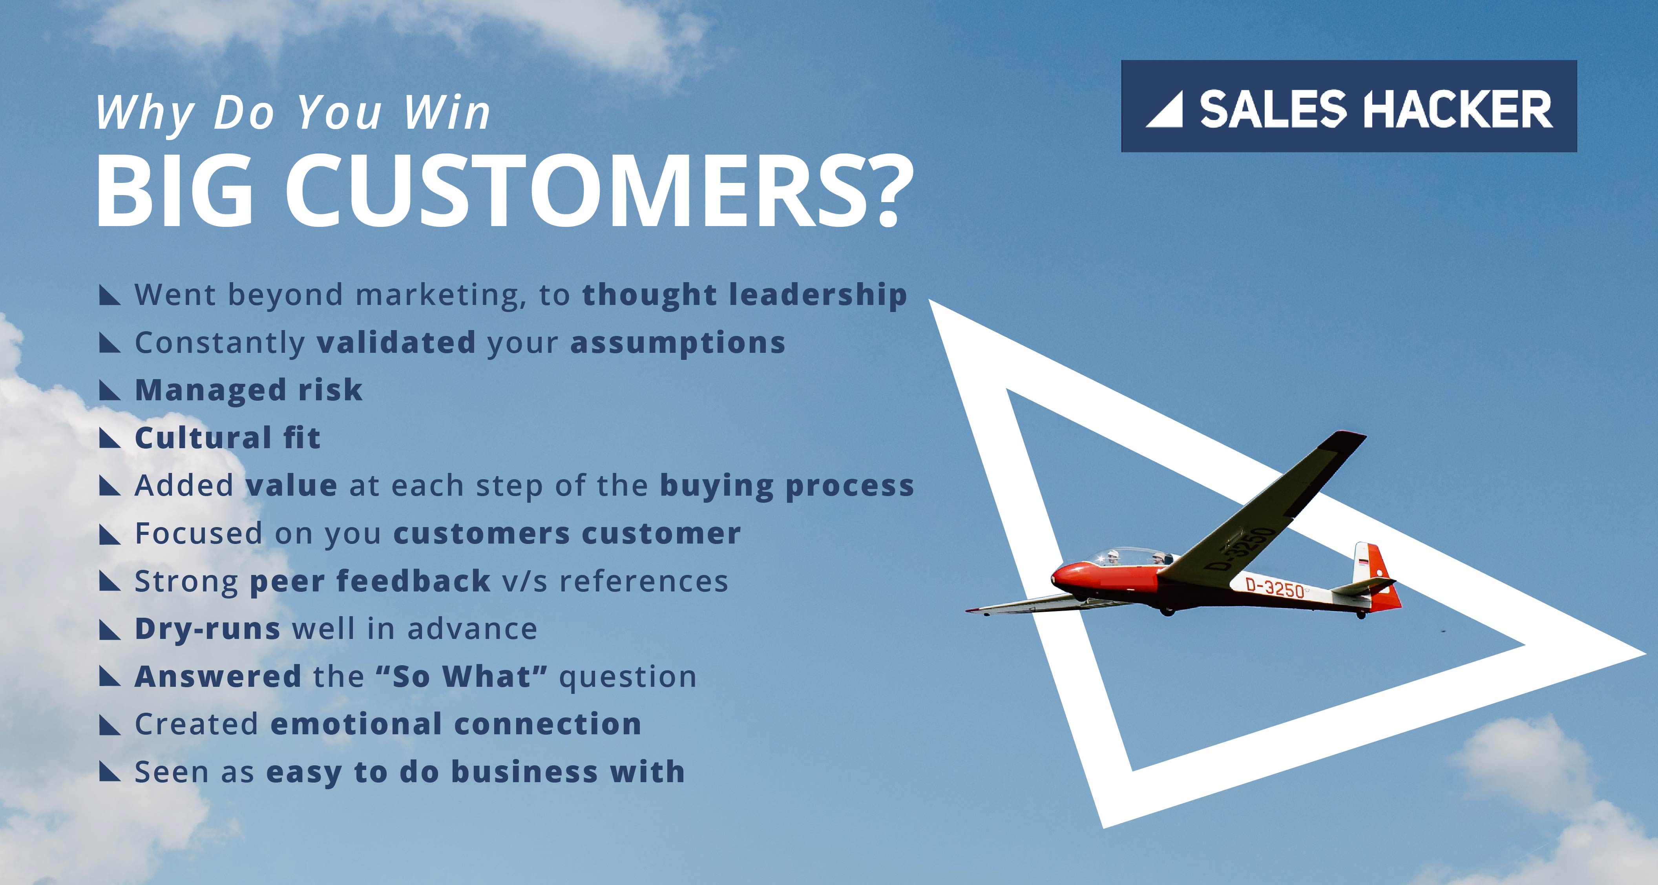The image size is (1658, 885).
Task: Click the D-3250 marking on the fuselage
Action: click(x=1275, y=588)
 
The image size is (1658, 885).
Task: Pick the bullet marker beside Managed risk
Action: click(x=110, y=390)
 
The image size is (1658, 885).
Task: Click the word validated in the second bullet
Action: click(x=396, y=342)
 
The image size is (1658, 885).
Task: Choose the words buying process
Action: click(x=787, y=486)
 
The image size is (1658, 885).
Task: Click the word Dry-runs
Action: click(x=207, y=629)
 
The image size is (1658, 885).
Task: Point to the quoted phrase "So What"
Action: click(x=462, y=676)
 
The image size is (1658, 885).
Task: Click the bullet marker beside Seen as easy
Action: click(x=110, y=772)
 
